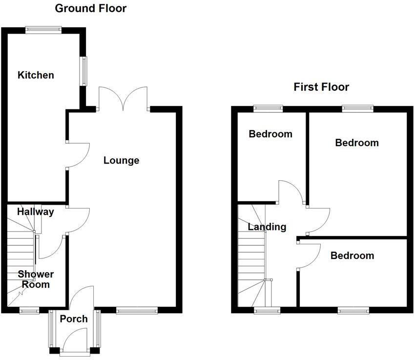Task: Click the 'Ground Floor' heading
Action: click(x=90, y=8)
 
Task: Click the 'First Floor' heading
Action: click(x=321, y=87)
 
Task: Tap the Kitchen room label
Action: click(x=36, y=75)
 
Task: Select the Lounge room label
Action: click(x=121, y=160)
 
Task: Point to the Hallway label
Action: click(x=35, y=212)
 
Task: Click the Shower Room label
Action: click(x=36, y=279)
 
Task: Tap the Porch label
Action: click(x=74, y=319)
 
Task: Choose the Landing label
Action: click(x=267, y=227)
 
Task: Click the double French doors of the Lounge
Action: click(x=123, y=98)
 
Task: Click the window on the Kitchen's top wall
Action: click(x=43, y=30)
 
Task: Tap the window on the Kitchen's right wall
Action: click(x=84, y=71)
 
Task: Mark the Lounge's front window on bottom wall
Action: click(x=137, y=310)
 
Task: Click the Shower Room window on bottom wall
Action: click(x=29, y=310)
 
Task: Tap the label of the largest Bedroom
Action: click(x=356, y=143)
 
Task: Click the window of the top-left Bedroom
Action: click(x=268, y=109)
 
